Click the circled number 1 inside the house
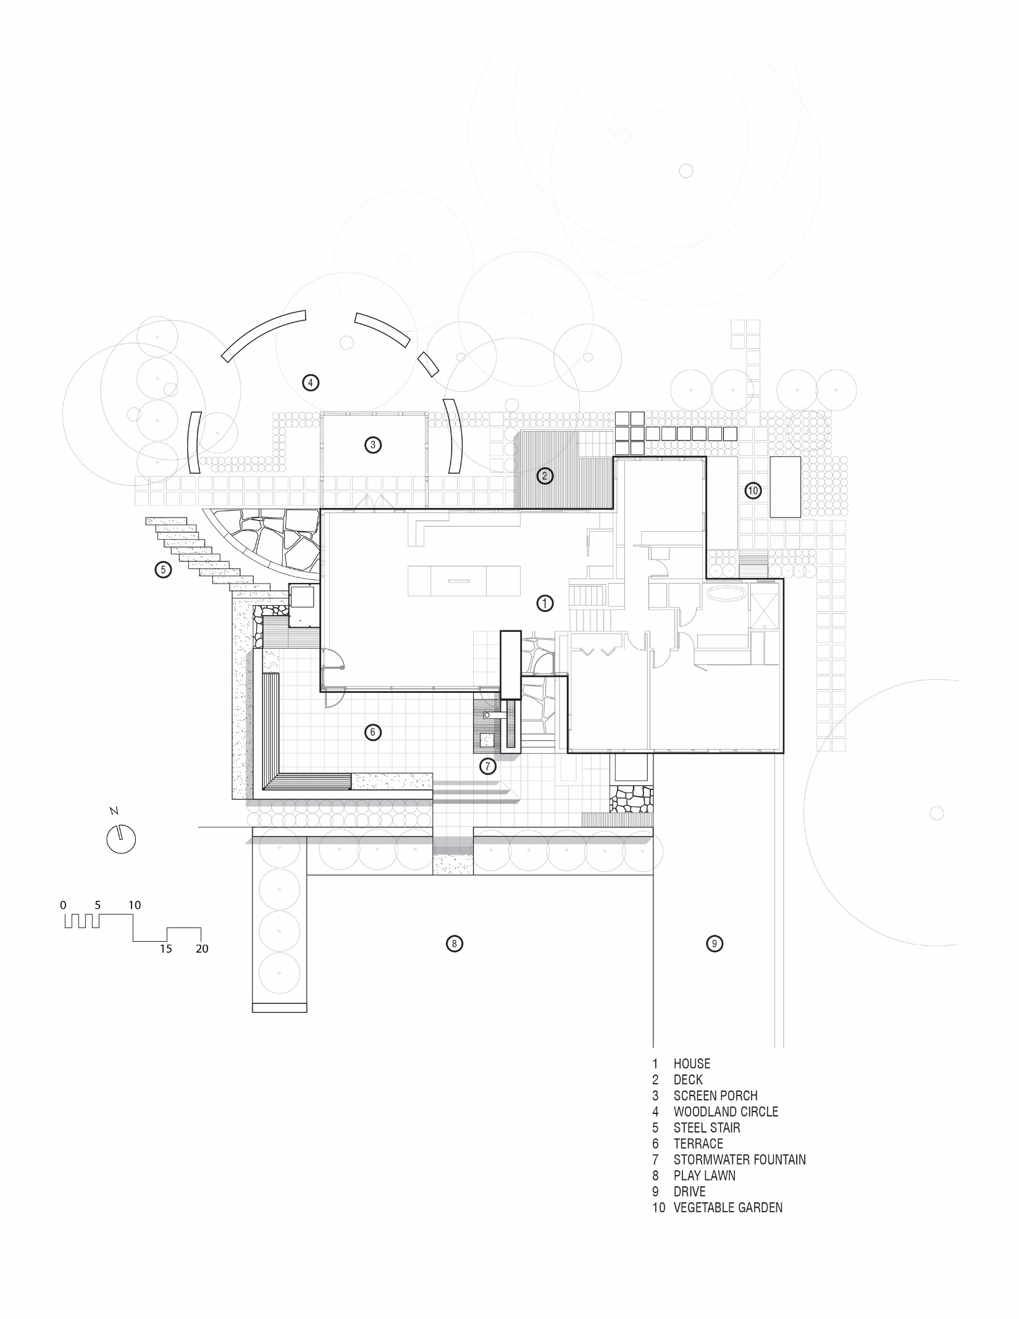tap(545, 603)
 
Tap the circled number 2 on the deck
tap(545, 475)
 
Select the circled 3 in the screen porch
tap(372, 445)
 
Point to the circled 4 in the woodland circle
tap(311, 383)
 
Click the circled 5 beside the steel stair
tap(163, 569)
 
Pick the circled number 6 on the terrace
tap(372, 732)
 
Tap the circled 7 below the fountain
tap(487, 766)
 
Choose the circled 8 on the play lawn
tap(454, 944)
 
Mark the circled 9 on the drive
tap(714, 944)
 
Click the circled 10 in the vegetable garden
tap(753, 491)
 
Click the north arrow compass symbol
tap(121, 839)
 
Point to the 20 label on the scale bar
tap(202, 948)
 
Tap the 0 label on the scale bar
tap(63, 905)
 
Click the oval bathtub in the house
tap(727, 595)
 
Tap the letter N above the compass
tap(114, 811)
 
